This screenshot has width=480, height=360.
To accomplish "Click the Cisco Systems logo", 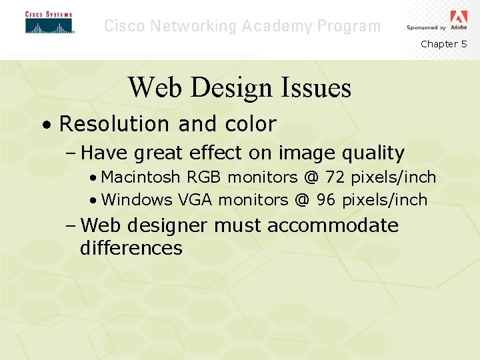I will (x=49, y=23).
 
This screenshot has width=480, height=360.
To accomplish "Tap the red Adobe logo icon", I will (x=459, y=17).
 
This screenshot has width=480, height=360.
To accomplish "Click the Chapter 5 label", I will (x=443, y=44).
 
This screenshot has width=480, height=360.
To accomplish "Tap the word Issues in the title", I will (x=315, y=87).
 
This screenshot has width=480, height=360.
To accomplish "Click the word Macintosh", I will (x=141, y=177).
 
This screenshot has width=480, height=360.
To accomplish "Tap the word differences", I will (x=131, y=248).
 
